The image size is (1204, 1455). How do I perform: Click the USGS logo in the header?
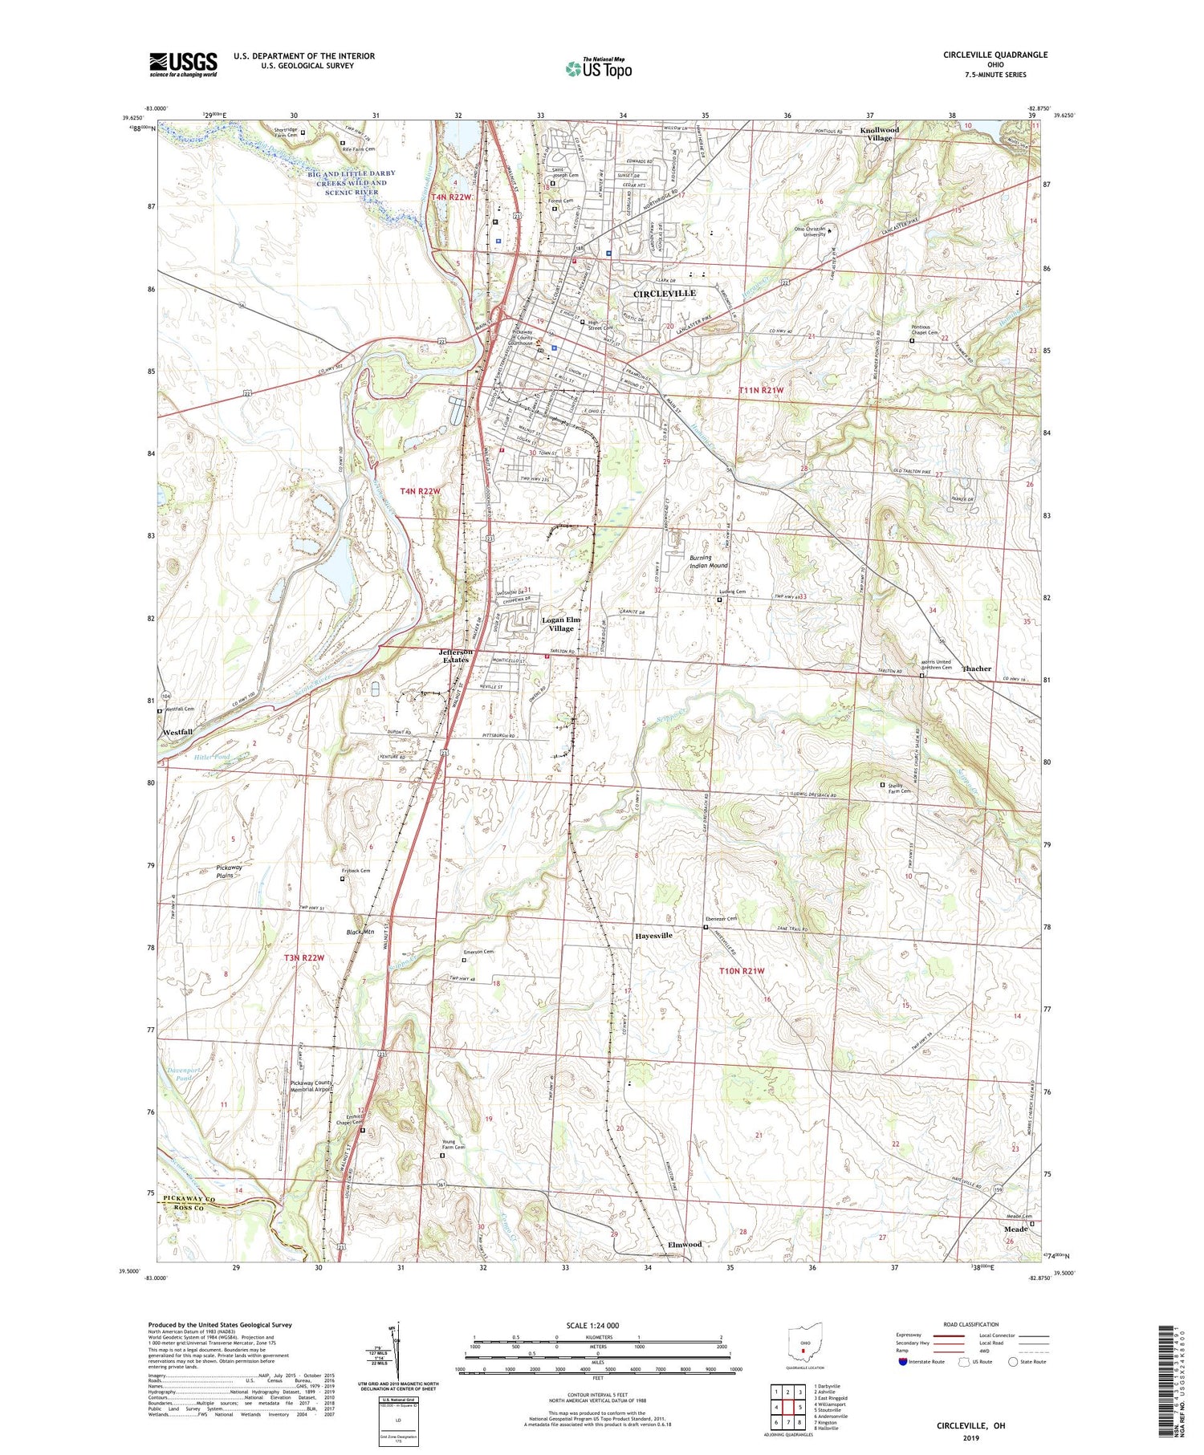click(183, 64)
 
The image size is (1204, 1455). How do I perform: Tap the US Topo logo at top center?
click(599, 68)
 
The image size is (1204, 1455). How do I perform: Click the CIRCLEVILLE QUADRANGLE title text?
click(995, 55)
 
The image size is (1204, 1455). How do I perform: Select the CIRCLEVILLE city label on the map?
click(665, 294)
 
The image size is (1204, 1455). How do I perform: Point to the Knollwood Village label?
click(879, 133)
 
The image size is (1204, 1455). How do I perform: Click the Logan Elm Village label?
click(562, 624)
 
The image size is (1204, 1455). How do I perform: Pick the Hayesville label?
click(654, 936)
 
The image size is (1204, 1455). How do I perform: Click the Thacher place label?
click(976, 669)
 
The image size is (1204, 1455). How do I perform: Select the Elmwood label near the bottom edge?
click(685, 1244)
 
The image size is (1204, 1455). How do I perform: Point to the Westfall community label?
click(177, 732)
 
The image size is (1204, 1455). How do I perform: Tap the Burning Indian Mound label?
click(709, 561)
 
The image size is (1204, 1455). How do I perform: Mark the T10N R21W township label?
click(741, 971)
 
